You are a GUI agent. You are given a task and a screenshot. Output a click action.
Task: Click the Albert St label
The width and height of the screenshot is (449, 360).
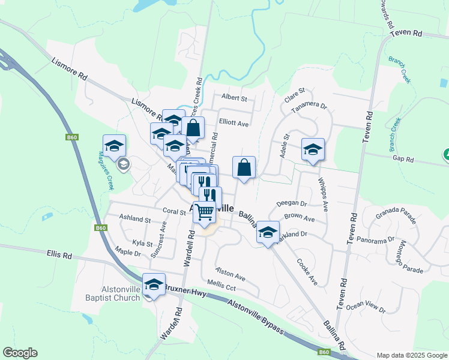tap(234, 97)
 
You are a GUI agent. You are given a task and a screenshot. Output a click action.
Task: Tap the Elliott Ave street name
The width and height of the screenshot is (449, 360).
tap(234, 123)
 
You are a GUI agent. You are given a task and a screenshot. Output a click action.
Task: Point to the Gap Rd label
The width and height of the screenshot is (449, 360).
tap(403, 160)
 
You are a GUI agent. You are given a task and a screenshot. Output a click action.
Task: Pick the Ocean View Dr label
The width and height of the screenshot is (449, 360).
tap(366, 306)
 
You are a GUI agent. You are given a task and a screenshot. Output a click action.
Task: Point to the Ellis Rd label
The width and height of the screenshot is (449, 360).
tap(59, 255)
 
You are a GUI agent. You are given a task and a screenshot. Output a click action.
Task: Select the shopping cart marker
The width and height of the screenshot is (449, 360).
tap(204, 212)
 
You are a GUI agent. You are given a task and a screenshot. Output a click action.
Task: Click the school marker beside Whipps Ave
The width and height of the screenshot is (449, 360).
tap(313, 149)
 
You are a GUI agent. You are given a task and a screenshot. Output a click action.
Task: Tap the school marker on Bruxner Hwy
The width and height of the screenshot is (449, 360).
tap(154, 284)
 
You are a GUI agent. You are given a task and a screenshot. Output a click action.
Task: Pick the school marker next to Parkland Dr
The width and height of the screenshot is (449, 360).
tap(268, 232)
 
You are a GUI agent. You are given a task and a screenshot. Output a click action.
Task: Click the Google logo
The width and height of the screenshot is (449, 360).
tap(20, 353)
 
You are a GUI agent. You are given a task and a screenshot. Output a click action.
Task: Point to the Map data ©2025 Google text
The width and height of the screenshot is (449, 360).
tap(412, 355)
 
